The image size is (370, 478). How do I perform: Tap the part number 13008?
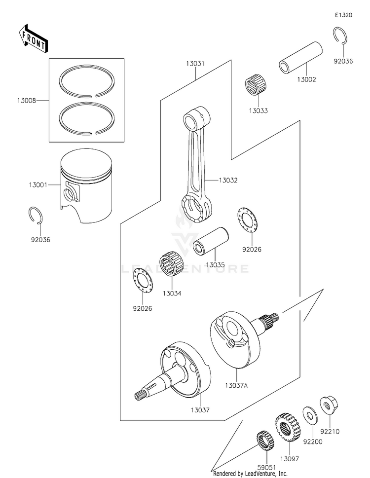(x=26, y=102)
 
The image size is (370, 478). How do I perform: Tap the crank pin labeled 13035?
(x=210, y=242)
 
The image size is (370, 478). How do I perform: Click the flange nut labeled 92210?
(x=327, y=405)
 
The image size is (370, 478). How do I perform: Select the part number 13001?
(x=38, y=185)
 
